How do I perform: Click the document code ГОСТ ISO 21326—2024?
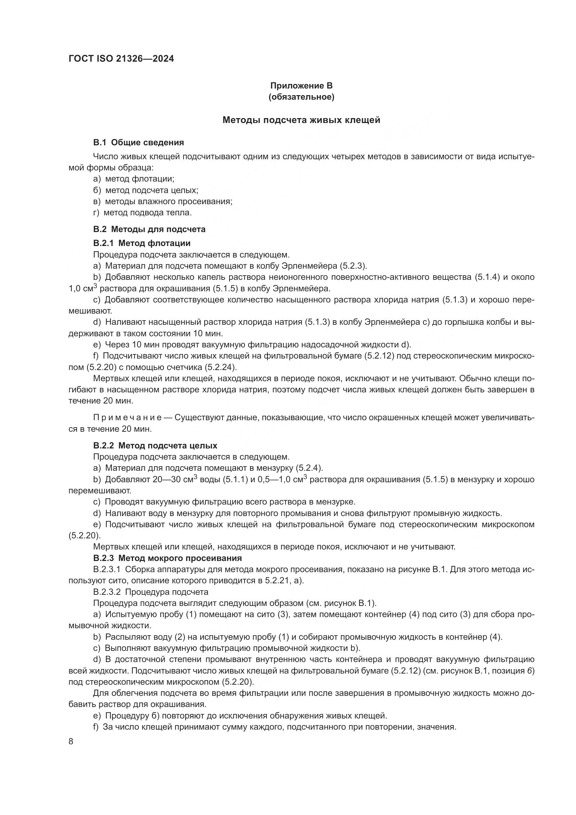pos(121,59)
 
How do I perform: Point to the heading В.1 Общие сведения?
pos(138,143)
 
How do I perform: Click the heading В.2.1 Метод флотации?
pos(142,243)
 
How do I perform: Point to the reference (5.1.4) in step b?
pos(487,277)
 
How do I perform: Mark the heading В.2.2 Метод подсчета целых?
pos(155,446)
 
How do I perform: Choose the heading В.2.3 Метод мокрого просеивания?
pos(168,558)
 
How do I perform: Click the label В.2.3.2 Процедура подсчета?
pos(151,592)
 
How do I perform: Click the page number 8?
pos(71,741)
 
